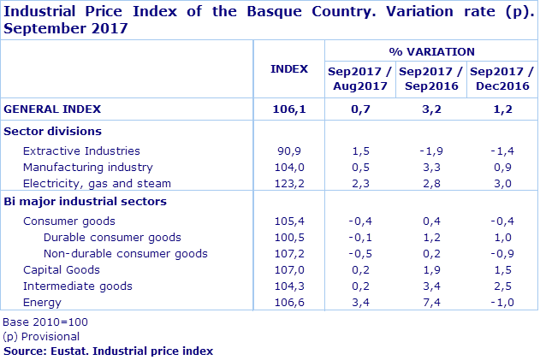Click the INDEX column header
tap(288, 68)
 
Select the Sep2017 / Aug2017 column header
tap(360, 79)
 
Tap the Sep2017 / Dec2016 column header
tap(501, 79)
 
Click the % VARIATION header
tap(431, 51)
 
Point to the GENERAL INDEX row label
tap(52, 109)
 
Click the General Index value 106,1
tap(288, 109)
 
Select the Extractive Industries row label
tap(81, 150)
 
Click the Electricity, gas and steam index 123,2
tap(288, 183)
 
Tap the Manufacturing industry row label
tap(87, 167)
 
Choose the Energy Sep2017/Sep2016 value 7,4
tap(431, 302)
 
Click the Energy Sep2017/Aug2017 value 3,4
tap(360, 302)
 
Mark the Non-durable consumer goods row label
tap(125, 253)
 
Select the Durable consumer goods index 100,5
tap(288, 237)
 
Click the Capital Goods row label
tap(62, 269)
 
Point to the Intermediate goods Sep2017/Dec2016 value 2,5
tap(501, 286)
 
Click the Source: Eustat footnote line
tap(108, 351)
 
